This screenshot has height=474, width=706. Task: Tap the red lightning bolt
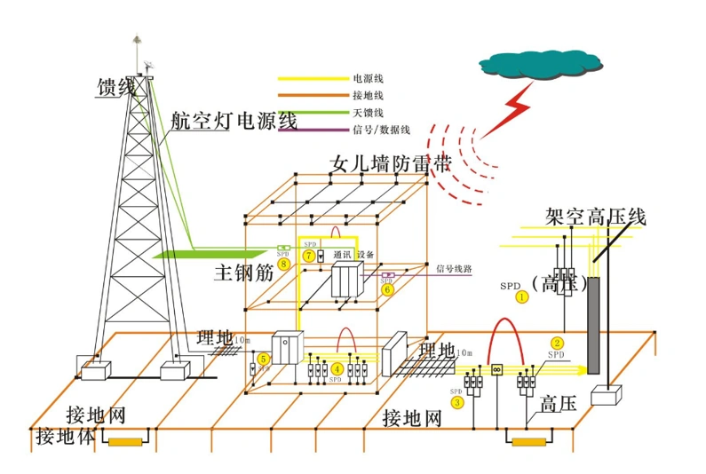(508, 111)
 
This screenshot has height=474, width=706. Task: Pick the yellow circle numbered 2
(557, 343)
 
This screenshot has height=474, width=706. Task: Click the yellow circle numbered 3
(457, 401)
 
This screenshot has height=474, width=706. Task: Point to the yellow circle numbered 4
(337, 368)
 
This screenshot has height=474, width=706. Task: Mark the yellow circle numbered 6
(386, 288)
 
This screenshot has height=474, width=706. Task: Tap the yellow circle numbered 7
(308, 256)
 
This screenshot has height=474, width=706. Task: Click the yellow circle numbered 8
(282, 263)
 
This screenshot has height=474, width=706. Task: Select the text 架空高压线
(594, 217)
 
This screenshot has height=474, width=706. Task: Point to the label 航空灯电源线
(234, 122)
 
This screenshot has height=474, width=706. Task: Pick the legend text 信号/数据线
(381, 130)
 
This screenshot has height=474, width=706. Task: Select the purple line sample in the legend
(312, 130)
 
